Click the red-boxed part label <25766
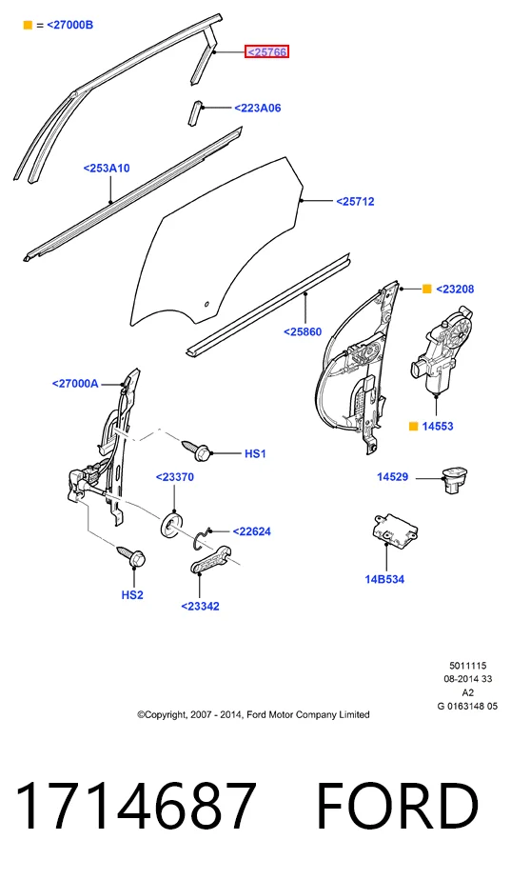(x=267, y=52)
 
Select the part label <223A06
(x=258, y=108)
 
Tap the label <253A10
(x=107, y=168)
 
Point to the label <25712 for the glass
(x=355, y=202)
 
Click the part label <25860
(x=303, y=331)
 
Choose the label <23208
(x=455, y=289)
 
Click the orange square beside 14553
(x=413, y=426)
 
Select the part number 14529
(x=393, y=477)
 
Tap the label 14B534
(x=384, y=579)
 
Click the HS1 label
(x=255, y=453)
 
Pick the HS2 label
(x=132, y=595)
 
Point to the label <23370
(x=175, y=477)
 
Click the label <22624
(x=252, y=531)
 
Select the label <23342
(x=200, y=606)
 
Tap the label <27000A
(x=75, y=383)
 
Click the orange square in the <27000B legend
(x=28, y=26)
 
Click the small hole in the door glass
(x=206, y=305)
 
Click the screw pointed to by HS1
(x=196, y=448)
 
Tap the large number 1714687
(x=136, y=807)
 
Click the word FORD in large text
(x=397, y=807)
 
